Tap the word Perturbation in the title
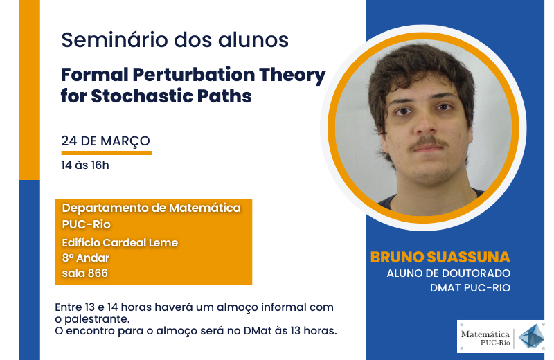click(194, 75)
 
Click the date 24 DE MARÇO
click(105, 141)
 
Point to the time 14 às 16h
click(84, 165)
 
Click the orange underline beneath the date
click(107, 153)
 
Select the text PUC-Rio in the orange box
click(86, 224)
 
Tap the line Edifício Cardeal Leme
click(120, 242)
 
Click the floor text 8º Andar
click(85, 258)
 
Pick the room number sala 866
click(84, 273)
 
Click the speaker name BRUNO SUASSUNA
click(440, 258)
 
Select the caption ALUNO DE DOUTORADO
click(448, 273)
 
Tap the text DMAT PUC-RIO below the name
click(470, 287)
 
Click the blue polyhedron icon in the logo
click(531, 336)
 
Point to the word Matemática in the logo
click(485, 334)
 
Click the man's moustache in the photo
click(428, 143)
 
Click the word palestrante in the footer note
click(91, 319)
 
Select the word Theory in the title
click(292, 75)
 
